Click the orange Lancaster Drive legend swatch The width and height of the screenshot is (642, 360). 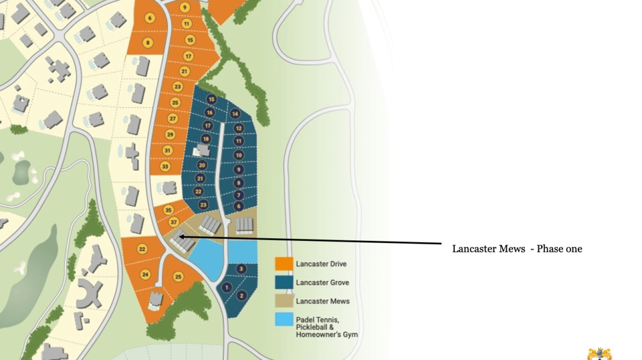[284, 264]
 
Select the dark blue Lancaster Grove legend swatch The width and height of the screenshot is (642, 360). [284, 282]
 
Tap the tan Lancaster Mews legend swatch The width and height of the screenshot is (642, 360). [284, 301]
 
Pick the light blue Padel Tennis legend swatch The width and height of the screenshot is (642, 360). [284, 320]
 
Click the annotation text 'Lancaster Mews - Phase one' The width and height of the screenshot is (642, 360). [517, 249]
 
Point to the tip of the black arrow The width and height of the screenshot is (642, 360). [180, 236]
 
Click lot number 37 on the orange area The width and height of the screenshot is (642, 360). [174, 222]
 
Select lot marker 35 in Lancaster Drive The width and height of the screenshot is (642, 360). [169, 210]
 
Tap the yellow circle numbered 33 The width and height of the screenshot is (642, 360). [165, 166]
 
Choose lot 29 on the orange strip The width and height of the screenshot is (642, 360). [170, 135]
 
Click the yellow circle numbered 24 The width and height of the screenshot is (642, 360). [146, 274]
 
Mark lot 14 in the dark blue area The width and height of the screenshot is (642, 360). [235, 114]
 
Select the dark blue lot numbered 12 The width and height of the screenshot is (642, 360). [239, 128]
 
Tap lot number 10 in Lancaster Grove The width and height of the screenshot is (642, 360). [239, 155]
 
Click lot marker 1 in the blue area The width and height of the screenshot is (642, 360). [226, 287]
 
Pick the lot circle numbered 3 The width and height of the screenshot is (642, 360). [241, 269]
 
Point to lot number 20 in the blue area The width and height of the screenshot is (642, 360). [202, 165]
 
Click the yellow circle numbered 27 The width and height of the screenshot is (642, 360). [173, 119]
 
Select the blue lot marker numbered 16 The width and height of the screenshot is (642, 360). [209, 112]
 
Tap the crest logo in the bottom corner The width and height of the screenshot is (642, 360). [599, 353]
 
